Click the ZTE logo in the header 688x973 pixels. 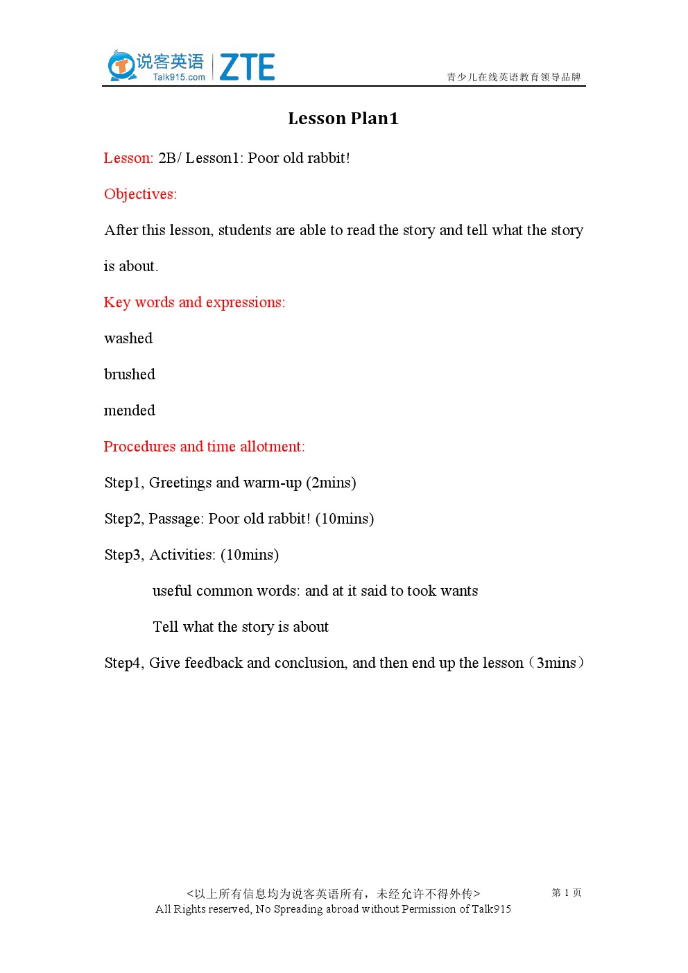247,67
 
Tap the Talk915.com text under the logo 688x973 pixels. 179,78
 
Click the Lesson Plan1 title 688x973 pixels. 343,119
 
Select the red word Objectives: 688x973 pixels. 140,194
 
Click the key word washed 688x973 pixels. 128,338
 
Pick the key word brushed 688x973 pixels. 130,374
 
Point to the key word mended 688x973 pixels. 130,411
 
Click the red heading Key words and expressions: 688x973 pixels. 194,302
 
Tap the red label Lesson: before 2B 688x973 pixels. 128,158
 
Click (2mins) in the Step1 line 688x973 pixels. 331,483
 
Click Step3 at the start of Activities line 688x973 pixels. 123,555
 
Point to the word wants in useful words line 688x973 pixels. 459,591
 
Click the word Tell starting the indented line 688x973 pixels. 165,627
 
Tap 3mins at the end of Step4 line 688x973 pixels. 556,663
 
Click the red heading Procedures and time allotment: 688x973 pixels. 204,447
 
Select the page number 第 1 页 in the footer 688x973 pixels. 567,893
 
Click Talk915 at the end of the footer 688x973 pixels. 491,909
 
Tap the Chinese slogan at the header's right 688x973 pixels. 513,77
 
